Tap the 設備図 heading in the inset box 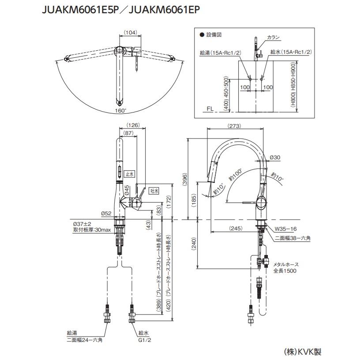click(x=213, y=34)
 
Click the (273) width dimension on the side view click(x=235, y=126)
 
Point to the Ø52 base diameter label click(x=105, y=214)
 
